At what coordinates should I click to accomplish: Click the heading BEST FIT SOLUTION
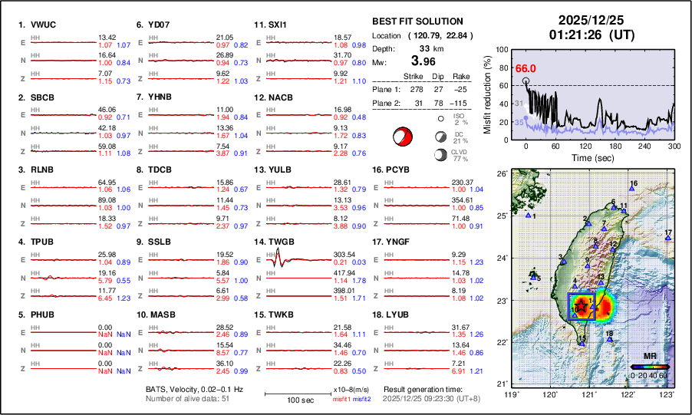[417, 21]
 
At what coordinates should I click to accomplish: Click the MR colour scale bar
[650, 367]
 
